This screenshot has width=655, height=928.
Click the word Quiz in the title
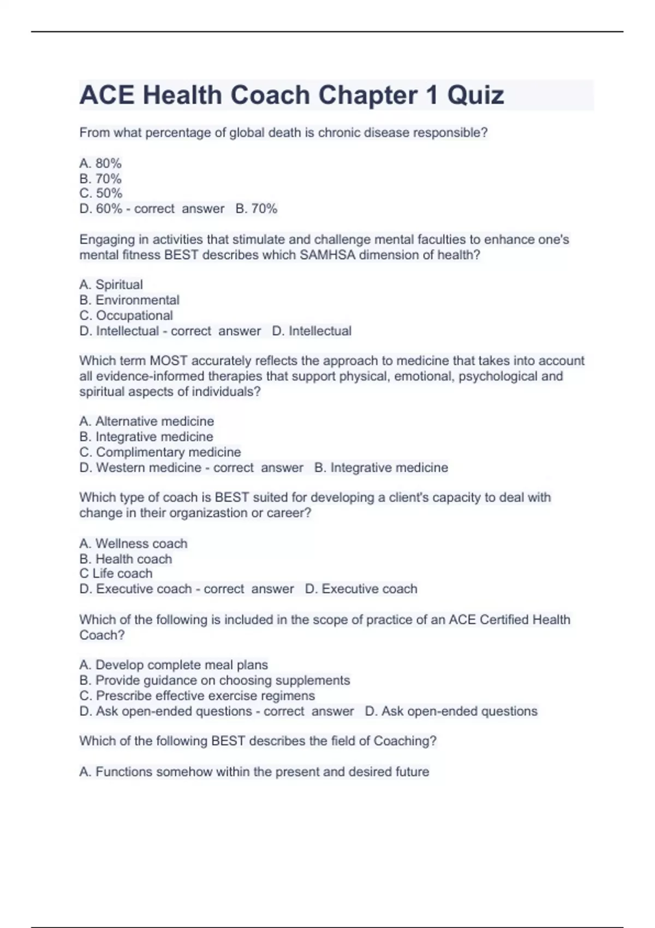(x=475, y=96)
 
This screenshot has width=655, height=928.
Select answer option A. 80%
(x=100, y=163)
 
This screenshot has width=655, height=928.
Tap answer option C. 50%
(x=100, y=193)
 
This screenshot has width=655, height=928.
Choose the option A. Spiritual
(x=111, y=284)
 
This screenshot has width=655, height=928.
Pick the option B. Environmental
(x=129, y=300)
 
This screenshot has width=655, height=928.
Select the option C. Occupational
(x=126, y=316)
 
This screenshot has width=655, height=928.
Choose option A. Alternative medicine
(x=146, y=421)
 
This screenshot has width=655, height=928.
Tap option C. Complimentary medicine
(x=160, y=453)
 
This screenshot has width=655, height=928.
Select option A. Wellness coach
(x=133, y=544)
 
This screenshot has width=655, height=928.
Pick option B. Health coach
(x=126, y=559)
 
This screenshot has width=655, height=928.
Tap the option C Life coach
(x=116, y=574)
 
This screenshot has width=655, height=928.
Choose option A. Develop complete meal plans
(x=174, y=665)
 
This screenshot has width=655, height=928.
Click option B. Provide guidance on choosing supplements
(x=215, y=681)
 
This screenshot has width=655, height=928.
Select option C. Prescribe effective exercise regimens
(x=197, y=696)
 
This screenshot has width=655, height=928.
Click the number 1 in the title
(x=432, y=96)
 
